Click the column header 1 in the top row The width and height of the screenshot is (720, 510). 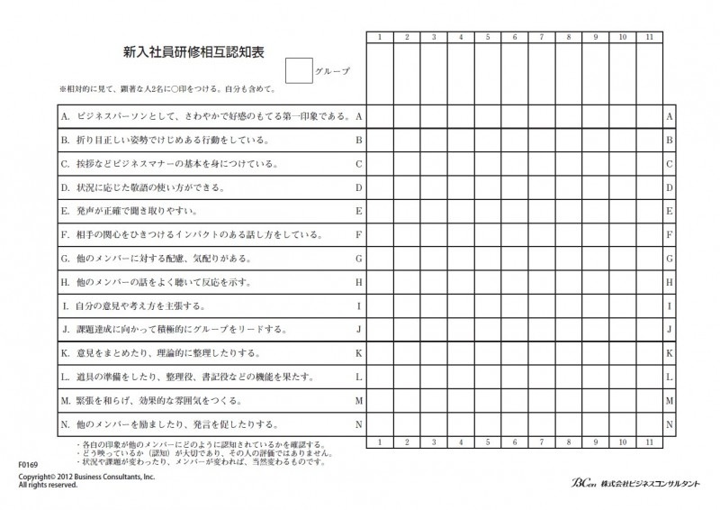point(380,37)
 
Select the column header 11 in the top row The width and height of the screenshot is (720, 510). point(649,37)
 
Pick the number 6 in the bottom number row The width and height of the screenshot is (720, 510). point(515,442)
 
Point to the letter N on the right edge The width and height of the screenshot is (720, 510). point(669,423)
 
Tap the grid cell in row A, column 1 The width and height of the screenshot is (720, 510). point(380,116)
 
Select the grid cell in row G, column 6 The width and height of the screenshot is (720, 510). point(515,259)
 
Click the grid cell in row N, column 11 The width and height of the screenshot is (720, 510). point(649,423)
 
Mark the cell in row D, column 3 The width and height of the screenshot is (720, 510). point(434,187)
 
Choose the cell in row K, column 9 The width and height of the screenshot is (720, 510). point(595,353)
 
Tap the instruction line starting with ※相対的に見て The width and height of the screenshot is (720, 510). point(166,90)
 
